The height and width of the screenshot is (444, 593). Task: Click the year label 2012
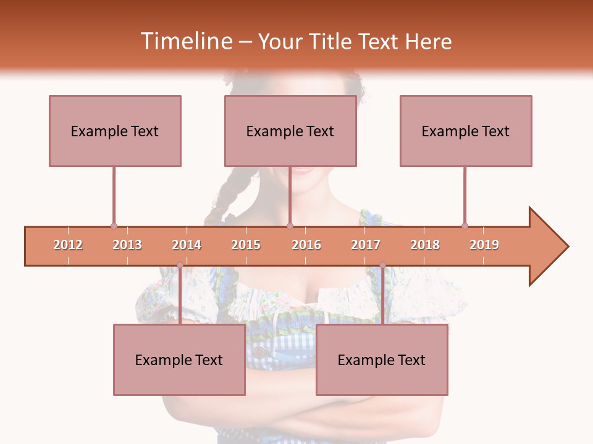[68, 245]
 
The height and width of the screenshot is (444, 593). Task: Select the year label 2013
[127, 245]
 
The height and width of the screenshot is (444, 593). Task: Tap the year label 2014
[187, 245]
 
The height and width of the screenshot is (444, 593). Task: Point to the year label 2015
[246, 245]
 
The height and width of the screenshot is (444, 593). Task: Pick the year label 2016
[306, 245]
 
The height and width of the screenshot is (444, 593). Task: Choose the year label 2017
[366, 245]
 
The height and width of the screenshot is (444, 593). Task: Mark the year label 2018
[425, 245]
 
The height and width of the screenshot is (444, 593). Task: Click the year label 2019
[484, 245]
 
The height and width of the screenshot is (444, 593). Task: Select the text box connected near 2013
[115, 131]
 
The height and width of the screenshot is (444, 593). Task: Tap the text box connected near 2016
[290, 131]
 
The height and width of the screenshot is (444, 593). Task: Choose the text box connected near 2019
[466, 131]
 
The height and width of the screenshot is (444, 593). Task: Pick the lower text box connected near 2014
[179, 360]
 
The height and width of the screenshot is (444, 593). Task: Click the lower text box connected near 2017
[382, 360]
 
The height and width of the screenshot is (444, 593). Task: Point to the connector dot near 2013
[114, 226]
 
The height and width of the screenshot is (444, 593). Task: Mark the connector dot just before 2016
[290, 226]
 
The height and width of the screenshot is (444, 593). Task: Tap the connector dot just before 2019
[465, 226]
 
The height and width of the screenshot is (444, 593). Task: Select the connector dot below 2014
[180, 265]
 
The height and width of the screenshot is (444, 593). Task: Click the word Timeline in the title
[185, 41]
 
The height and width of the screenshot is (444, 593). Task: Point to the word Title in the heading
[334, 41]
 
